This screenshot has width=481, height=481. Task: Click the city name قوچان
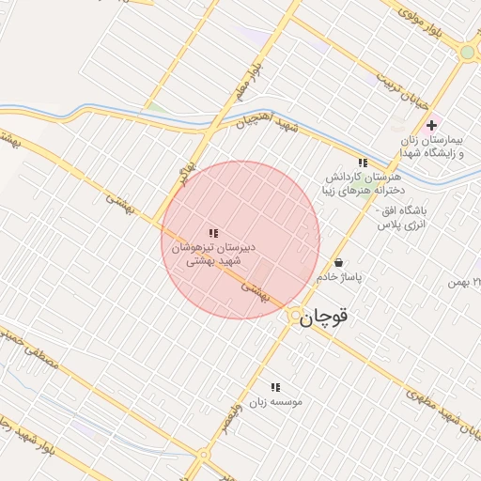[325, 318]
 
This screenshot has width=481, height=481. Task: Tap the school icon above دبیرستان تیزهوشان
[213, 233]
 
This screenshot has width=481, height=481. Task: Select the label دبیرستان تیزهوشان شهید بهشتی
[214, 255]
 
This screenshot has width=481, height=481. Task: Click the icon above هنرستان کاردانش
[363, 163]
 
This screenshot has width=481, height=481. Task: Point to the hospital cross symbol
[431, 125]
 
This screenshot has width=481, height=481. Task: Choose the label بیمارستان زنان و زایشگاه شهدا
[438, 147]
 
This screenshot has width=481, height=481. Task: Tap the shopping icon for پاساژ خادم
[338, 262]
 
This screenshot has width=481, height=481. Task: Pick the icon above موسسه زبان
[275, 386]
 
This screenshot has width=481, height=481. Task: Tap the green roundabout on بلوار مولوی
[467, 53]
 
